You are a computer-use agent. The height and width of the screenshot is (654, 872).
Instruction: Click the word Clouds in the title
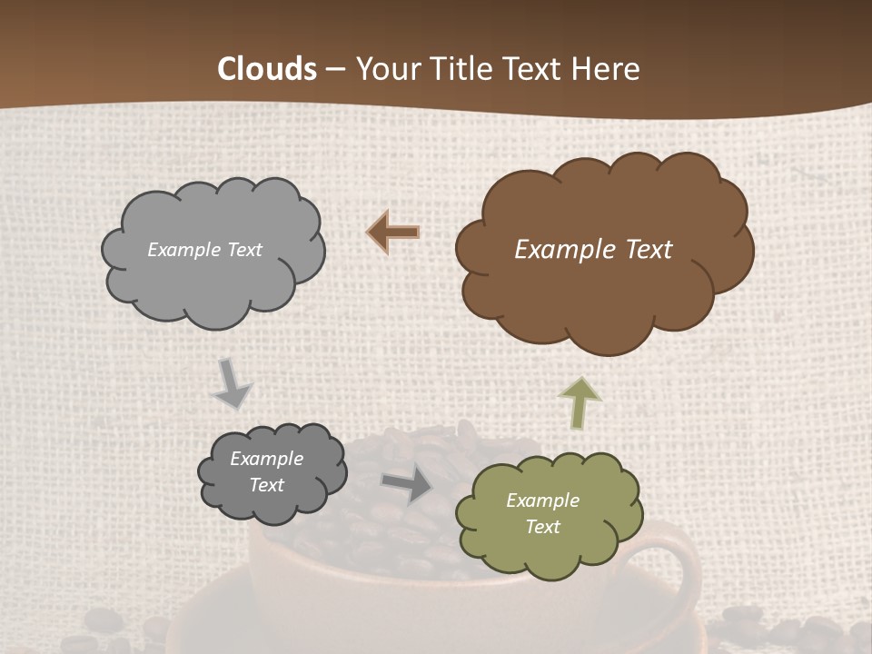[267, 69]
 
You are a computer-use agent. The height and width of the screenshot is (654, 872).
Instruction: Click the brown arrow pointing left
[393, 233]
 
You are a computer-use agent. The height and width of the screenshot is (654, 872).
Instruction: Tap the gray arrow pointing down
[232, 384]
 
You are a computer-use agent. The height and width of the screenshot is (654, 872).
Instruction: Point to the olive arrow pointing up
[579, 401]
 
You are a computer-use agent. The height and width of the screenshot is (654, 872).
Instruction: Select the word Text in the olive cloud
[542, 527]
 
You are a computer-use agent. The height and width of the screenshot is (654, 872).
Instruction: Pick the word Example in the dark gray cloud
[266, 459]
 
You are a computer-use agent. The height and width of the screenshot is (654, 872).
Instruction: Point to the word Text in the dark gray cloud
[266, 485]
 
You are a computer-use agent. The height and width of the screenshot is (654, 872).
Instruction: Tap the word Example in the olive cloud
[542, 500]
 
